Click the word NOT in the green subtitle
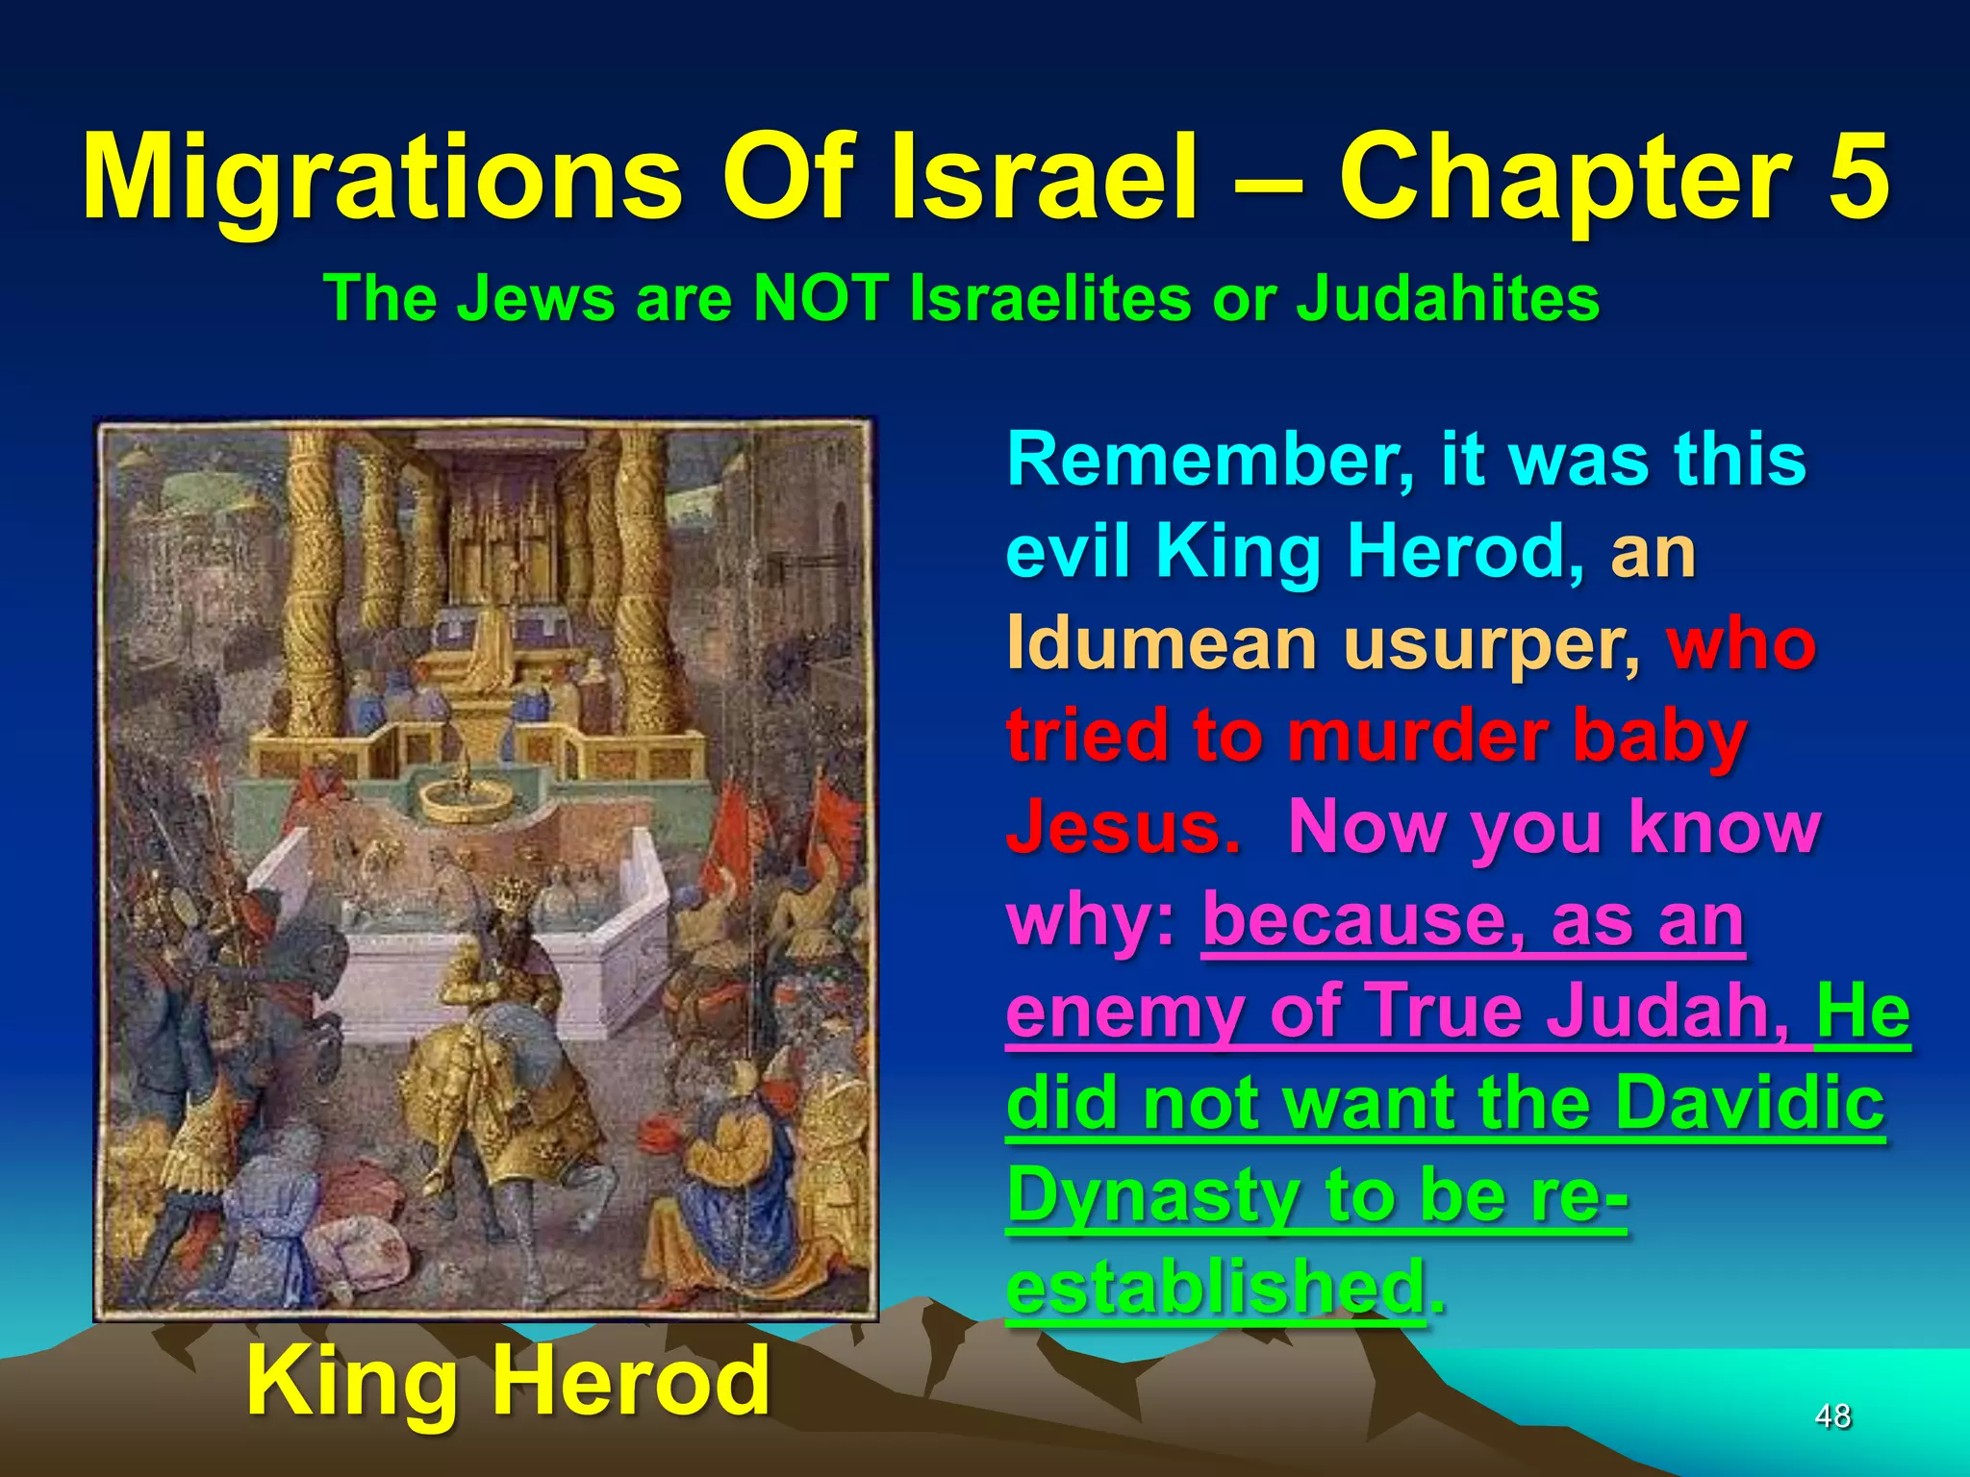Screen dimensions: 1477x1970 click(820, 298)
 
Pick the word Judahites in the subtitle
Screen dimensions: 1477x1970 click(1448, 298)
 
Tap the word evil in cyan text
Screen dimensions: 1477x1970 click(1068, 552)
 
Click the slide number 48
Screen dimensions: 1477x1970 click(1832, 1415)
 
